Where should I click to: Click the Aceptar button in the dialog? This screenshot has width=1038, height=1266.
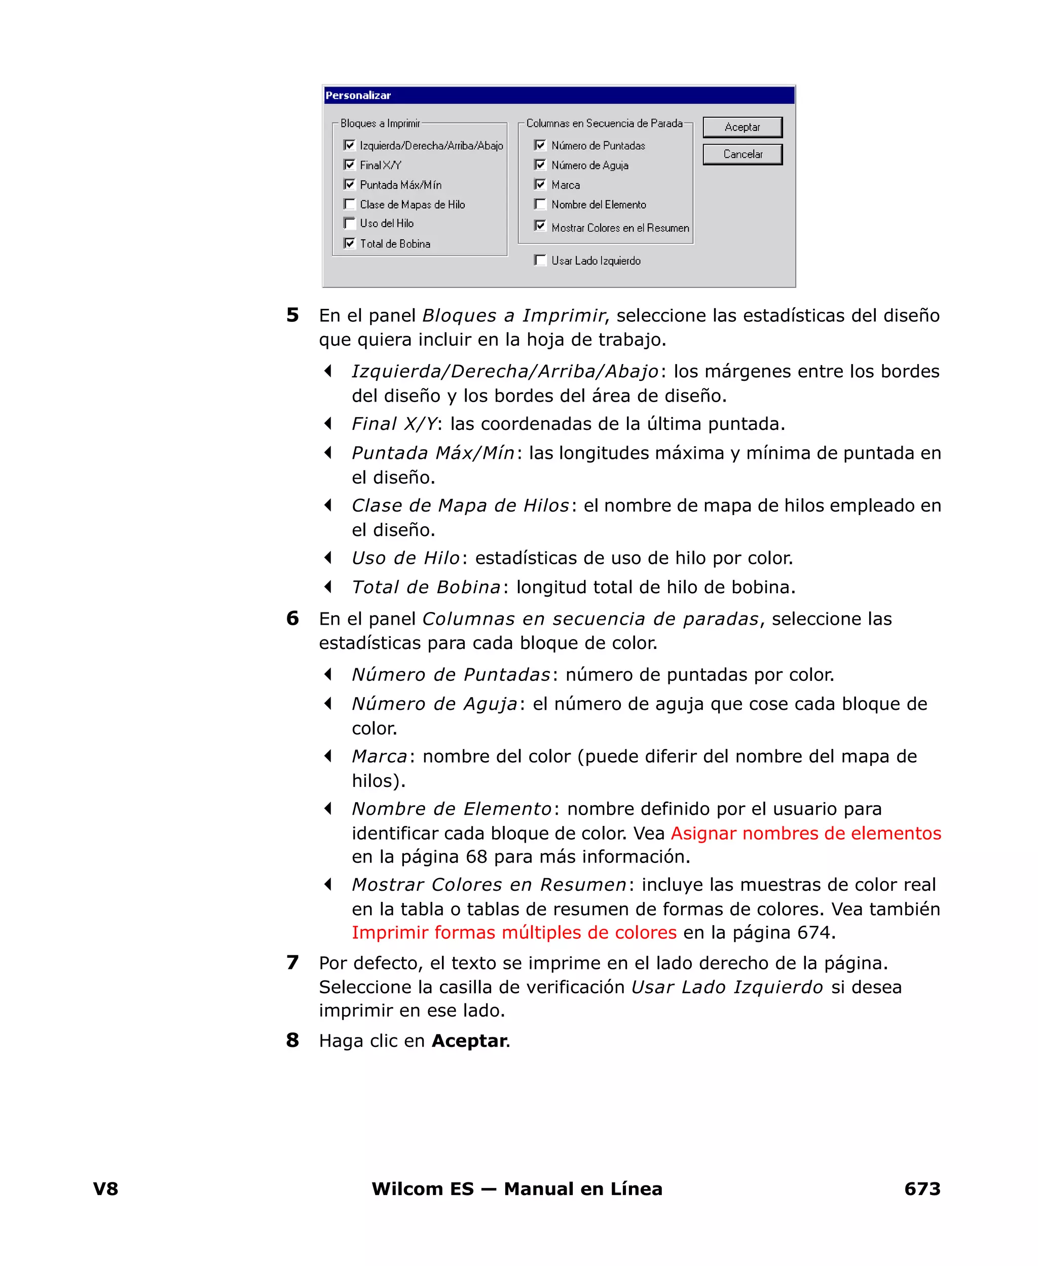pyautogui.click(x=742, y=127)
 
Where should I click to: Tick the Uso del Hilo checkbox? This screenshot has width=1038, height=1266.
pyautogui.click(x=350, y=223)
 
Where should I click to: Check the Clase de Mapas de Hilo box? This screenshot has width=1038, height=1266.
pyautogui.click(x=350, y=204)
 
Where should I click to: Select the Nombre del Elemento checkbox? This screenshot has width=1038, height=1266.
pyautogui.click(x=540, y=204)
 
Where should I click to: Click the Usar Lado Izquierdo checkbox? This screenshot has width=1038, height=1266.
pyautogui.click(x=540, y=260)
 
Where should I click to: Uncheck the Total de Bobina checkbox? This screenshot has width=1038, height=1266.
pyautogui.click(x=350, y=243)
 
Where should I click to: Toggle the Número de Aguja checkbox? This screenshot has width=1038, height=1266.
pyautogui.click(x=540, y=164)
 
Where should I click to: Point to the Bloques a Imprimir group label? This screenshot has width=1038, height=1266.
pyautogui.click(x=380, y=123)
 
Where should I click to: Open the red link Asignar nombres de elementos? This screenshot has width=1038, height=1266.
pyautogui.click(x=805, y=833)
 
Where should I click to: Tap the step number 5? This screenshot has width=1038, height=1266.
pyautogui.click(x=292, y=315)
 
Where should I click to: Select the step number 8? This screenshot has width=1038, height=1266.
pyautogui.click(x=292, y=1040)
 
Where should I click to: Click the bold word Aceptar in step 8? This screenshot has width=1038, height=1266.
pyautogui.click(x=469, y=1041)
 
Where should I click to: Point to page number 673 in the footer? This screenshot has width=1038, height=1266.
pyautogui.click(x=922, y=1189)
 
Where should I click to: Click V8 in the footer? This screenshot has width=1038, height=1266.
pyautogui.click(x=106, y=1189)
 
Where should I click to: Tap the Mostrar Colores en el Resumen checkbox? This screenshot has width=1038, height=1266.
pyautogui.click(x=540, y=226)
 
